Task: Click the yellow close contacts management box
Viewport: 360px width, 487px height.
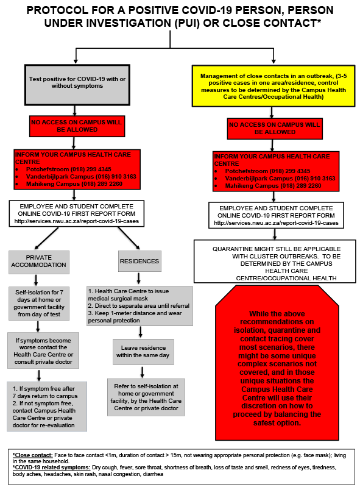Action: click(274, 86)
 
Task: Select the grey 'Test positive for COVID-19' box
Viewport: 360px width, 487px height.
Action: click(77, 85)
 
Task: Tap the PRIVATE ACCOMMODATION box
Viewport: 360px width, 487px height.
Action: click(39, 263)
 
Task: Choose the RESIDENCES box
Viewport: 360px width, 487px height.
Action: click(139, 261)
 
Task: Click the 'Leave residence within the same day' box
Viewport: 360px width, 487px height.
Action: click(143, 352)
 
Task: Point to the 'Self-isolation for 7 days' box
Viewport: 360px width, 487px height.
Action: click(39, 304)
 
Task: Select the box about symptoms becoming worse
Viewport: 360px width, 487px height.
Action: click(43, 350)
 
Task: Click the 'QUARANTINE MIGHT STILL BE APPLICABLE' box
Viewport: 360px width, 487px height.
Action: click(275, 261)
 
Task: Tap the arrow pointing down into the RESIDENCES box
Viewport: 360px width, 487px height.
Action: click(129, 238)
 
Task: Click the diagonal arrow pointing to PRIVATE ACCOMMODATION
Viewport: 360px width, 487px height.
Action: click(46, 238)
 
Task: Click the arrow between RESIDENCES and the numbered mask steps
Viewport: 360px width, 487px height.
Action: click(138, 279)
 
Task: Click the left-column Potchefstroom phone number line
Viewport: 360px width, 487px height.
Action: click(69, 169)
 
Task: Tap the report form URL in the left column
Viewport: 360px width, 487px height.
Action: click(76, 221)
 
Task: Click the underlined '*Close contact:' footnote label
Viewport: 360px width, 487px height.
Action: click(32, 455)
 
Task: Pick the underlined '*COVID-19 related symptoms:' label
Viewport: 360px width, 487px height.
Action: click(52, 467)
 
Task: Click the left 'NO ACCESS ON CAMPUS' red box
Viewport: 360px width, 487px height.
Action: click(77, 126)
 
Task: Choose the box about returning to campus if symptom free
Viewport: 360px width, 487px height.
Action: click(47, 407)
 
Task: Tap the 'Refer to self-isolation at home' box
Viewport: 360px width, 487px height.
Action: click(146, 397)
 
